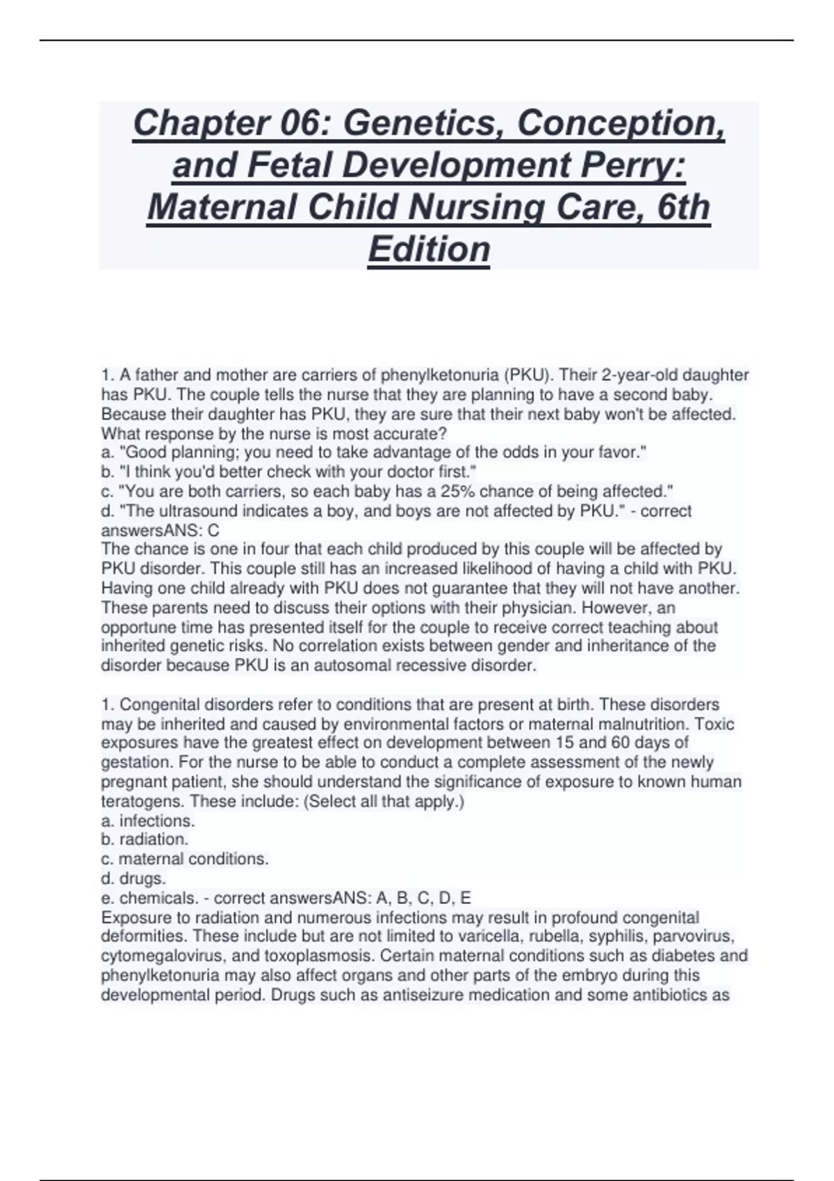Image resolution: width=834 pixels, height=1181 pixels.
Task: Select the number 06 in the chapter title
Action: point(304,124)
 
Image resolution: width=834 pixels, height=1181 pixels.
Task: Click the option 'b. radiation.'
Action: point(145,839)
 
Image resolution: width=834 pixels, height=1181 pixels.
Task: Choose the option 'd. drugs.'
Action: point(133,878)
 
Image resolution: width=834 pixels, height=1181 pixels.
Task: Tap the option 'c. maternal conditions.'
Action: point(185,859)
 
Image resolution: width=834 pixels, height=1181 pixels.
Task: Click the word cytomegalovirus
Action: point(156,956)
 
